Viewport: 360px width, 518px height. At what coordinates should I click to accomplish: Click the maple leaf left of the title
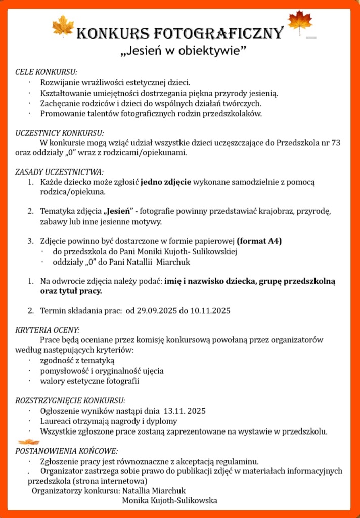pyautogui.click(x=63, y=26)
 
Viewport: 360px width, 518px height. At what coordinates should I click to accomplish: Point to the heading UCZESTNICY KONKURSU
pyautogui.click(x=60, y=133)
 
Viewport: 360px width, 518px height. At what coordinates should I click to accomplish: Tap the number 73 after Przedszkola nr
pyautogui.click(x=335, y=142)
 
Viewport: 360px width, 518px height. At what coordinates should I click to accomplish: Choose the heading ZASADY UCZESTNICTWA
pyautogui.click(x=60, y=172)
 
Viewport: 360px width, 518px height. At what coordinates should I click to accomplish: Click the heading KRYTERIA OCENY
pyautogui.click(x=48, y=330)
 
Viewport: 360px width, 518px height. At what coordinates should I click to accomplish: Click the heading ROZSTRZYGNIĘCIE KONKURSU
pyautogui.click(x=70, y=400)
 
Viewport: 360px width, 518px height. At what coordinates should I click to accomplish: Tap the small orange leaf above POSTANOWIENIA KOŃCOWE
pyautogui.click(x=28, y=442)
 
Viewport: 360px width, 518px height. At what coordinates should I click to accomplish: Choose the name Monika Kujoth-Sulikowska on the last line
pyautogui.click(x=169, y=500)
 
